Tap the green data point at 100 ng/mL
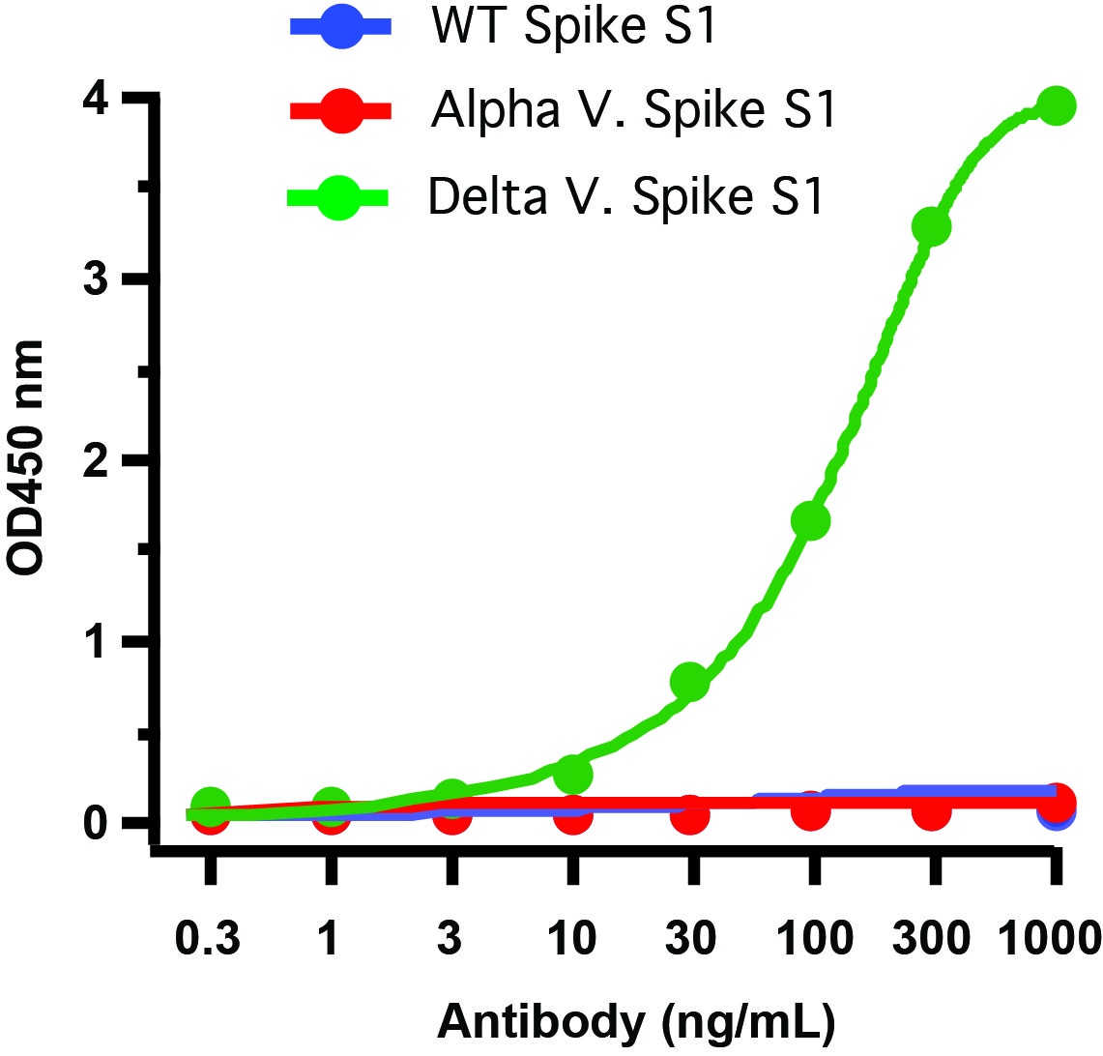811,521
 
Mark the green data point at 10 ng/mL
573,773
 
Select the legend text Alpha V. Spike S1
632,112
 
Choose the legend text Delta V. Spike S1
625,196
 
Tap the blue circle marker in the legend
339,28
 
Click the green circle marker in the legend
339,197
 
